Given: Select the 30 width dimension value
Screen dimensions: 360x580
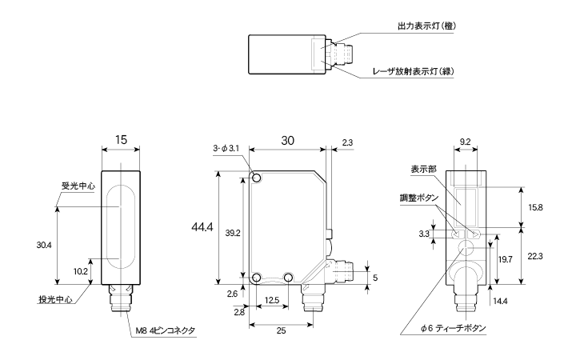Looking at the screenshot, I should [x=288, y=139].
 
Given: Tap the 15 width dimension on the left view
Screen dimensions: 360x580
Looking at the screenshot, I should [x=121, y=139].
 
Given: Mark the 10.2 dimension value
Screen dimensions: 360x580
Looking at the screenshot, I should [x=81, y=270].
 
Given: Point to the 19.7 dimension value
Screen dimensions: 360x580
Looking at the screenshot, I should [x=505, y=260].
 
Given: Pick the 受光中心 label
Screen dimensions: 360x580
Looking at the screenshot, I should [x=78, y=186].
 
